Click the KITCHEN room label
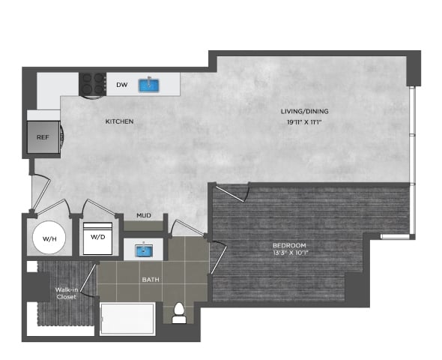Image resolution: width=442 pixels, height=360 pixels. point(118,121)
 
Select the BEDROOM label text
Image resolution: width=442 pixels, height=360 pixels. point(289,245)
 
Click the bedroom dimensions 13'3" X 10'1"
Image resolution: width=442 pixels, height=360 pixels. point(289,253)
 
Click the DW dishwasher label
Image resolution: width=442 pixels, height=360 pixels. point(121,85)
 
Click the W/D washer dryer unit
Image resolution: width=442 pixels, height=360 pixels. point(98,238)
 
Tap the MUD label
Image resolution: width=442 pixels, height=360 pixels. point(144,216)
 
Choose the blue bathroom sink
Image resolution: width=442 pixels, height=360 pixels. point(144,250)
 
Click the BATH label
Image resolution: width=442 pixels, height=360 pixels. point(151,280)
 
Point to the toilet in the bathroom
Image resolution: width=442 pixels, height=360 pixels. point(179,313)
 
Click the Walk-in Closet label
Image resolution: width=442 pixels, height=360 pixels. point(67,292)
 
